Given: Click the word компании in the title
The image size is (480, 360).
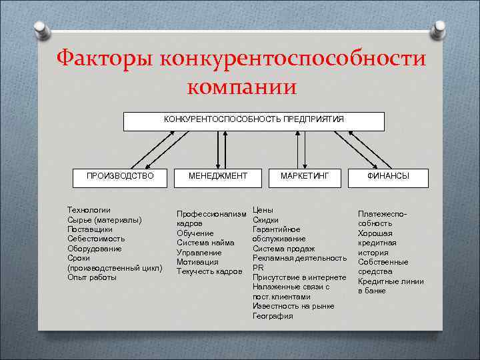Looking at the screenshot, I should [x=241, y=87].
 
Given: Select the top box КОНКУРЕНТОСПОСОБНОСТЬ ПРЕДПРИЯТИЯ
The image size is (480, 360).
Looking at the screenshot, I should [x=254, y=120].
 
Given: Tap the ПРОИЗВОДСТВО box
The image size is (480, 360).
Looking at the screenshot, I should [x=120, y=176].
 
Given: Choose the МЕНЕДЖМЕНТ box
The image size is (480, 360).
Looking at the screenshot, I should [x=218, y=176].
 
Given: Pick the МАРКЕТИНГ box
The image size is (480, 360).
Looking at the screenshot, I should [x=305, y=176].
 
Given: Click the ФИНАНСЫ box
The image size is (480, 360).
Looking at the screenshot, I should [x=389, y=176].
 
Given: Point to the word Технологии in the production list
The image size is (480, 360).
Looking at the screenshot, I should [x=89, y=210].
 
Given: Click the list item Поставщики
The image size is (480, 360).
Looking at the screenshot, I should [x=91, y=229].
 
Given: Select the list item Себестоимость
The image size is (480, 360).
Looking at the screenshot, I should [x=96, y=239].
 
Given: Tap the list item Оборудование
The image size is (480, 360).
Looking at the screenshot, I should [x=95, y=249].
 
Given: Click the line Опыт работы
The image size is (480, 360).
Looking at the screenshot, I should [x=92, y=277].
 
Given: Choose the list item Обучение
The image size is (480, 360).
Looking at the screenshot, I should [x=195, y=233].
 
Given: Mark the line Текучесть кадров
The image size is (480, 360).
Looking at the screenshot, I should [x=209, y=272].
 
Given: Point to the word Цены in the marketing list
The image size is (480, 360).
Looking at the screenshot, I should [x=263, y=210].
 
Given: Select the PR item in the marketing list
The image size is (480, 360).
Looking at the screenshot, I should [x=259, y=267].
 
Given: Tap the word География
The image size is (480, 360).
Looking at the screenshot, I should [x=273, y=316].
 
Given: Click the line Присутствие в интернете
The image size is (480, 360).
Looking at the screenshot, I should [x=299, y=277].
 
